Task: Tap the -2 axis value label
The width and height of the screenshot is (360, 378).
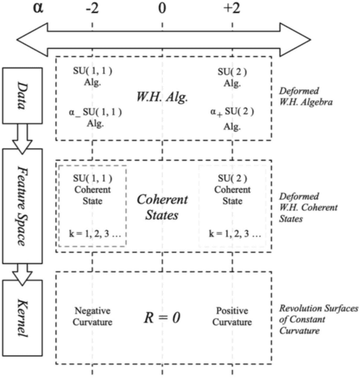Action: coord(92,10)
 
